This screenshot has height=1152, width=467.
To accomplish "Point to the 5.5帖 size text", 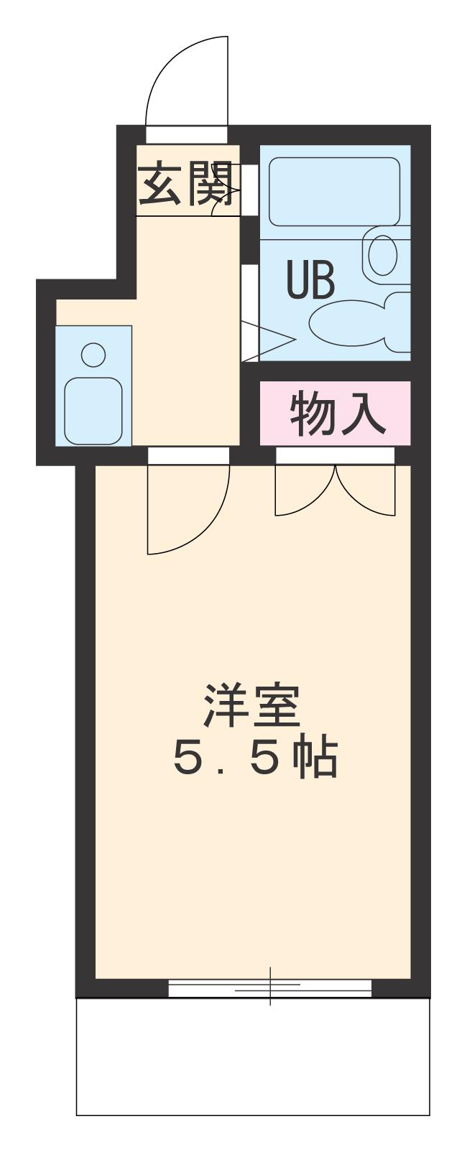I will (x=255, y=759).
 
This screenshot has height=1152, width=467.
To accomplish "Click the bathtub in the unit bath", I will (x=334, y=191).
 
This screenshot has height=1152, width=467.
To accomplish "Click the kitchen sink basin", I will (x=93, y=410).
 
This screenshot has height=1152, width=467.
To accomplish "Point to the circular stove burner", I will (x=93, y=353).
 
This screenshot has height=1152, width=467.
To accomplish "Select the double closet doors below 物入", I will (x=335, y=491).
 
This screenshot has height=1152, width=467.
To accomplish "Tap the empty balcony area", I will (x=253, y=1056).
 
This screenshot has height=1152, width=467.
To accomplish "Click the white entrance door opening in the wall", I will (x=187, y=134).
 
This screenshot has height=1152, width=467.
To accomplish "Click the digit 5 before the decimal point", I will (x=191, y=760).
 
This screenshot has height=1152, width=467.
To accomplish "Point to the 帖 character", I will (x=317, y=759).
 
